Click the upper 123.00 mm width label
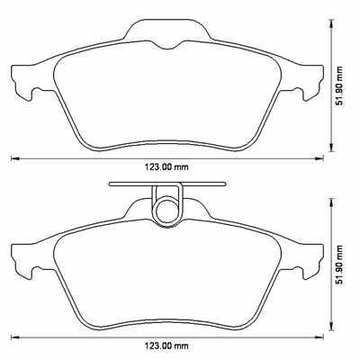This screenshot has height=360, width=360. (168, 167)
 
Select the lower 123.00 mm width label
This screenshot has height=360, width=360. (168, 346)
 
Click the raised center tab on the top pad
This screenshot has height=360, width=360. (167, 32)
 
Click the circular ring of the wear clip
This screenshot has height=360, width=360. (167, 211)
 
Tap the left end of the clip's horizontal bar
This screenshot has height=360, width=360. (111, 185)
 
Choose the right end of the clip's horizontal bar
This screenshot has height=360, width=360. (225, 185)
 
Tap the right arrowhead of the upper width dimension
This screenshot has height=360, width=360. (323, 158)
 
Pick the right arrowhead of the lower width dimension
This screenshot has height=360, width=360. (323, 337)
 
